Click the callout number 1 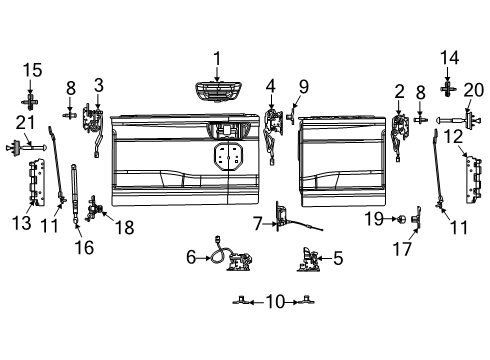[216, 58]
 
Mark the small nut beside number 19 [408, 217]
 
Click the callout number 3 [98, 86]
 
